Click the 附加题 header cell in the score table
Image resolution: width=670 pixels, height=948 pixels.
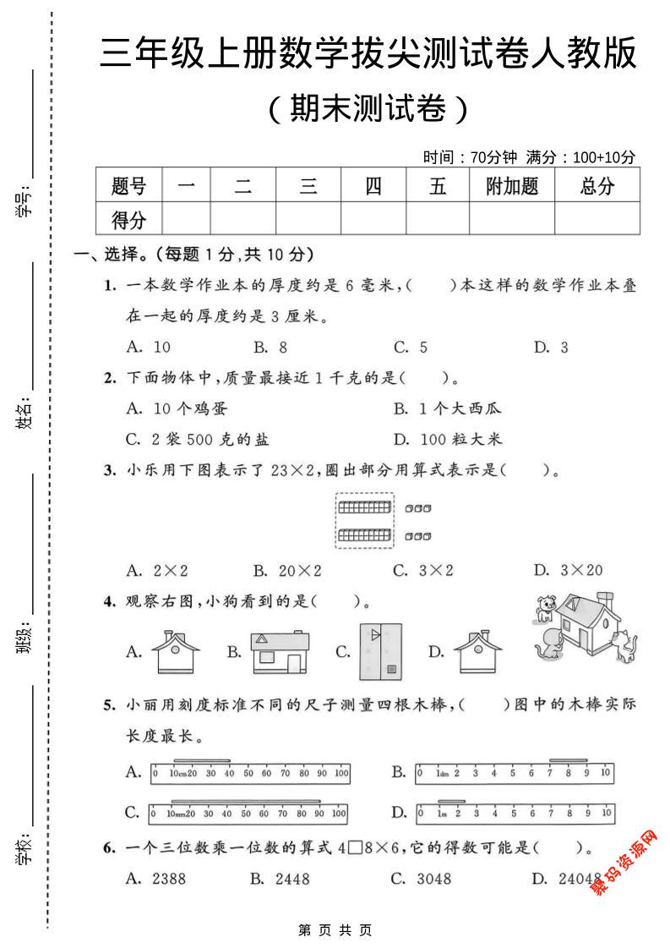pyautogui.click(x=512, y=186)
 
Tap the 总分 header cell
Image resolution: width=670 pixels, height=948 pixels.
pyautogui.click(x=596, y=186)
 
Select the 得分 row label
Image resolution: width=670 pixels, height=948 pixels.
pyautogui.click(x=128, y=220)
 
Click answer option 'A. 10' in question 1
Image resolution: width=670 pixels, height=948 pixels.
pyautogui.click(x=148, y=347)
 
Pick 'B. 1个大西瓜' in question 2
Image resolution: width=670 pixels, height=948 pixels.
pyautogui.click(x=448, y=408)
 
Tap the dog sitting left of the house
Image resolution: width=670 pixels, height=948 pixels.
pyautogui.click(x=547, y=606)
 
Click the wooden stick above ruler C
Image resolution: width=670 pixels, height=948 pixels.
pyautogui.click(x=246, y=800)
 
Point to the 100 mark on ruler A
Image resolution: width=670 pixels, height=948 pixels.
pyautogui.click(x=341, y=773)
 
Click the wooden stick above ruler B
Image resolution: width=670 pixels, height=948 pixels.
pyautogui.click(x=568, y=759)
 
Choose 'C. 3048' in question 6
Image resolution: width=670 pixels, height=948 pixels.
pyautogui.click(x=422, y=879)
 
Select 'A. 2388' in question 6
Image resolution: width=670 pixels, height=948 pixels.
pyautogui.click(x=155, y=879)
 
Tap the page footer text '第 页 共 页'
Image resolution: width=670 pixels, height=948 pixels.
pyautogui.click(x=335, y=930)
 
